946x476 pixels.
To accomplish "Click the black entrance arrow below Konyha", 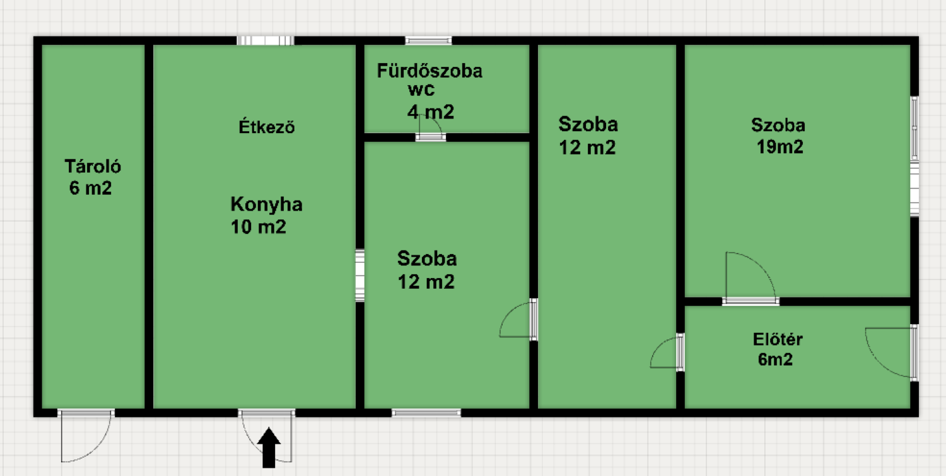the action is (x=269, y=448).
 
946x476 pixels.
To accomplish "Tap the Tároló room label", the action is (x=93, y=166).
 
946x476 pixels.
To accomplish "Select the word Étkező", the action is (x=267, y=127).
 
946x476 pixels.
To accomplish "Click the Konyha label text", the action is (x=267, y=204).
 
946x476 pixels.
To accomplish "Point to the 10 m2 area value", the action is (x=259, y=227).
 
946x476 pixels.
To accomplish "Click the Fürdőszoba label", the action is (x=429, y=71).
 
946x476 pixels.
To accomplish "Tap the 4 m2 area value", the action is (x=431, y=112).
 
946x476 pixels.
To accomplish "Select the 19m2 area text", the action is (x=780, y=147).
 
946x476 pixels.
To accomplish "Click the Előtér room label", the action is (x=778, y=339).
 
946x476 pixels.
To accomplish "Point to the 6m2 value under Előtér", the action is (x=775, y=359).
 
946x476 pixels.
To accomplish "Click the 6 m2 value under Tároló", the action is (x=90, y=188).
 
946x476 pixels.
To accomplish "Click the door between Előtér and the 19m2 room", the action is (x=750, y=279).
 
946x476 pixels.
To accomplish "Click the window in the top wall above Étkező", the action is (x=266, y=40).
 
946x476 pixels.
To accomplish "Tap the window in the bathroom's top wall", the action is (x=428, y=40).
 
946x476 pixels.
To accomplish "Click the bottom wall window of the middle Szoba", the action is (x=426, y=413).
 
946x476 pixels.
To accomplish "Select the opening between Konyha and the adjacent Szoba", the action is (x=360, y=276).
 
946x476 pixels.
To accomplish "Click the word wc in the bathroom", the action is (x=421, y=90).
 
